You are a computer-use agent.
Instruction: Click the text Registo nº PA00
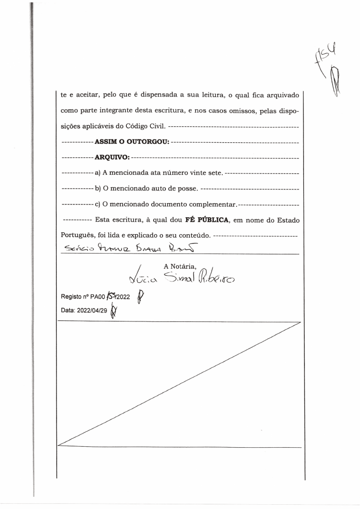(75, 297)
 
